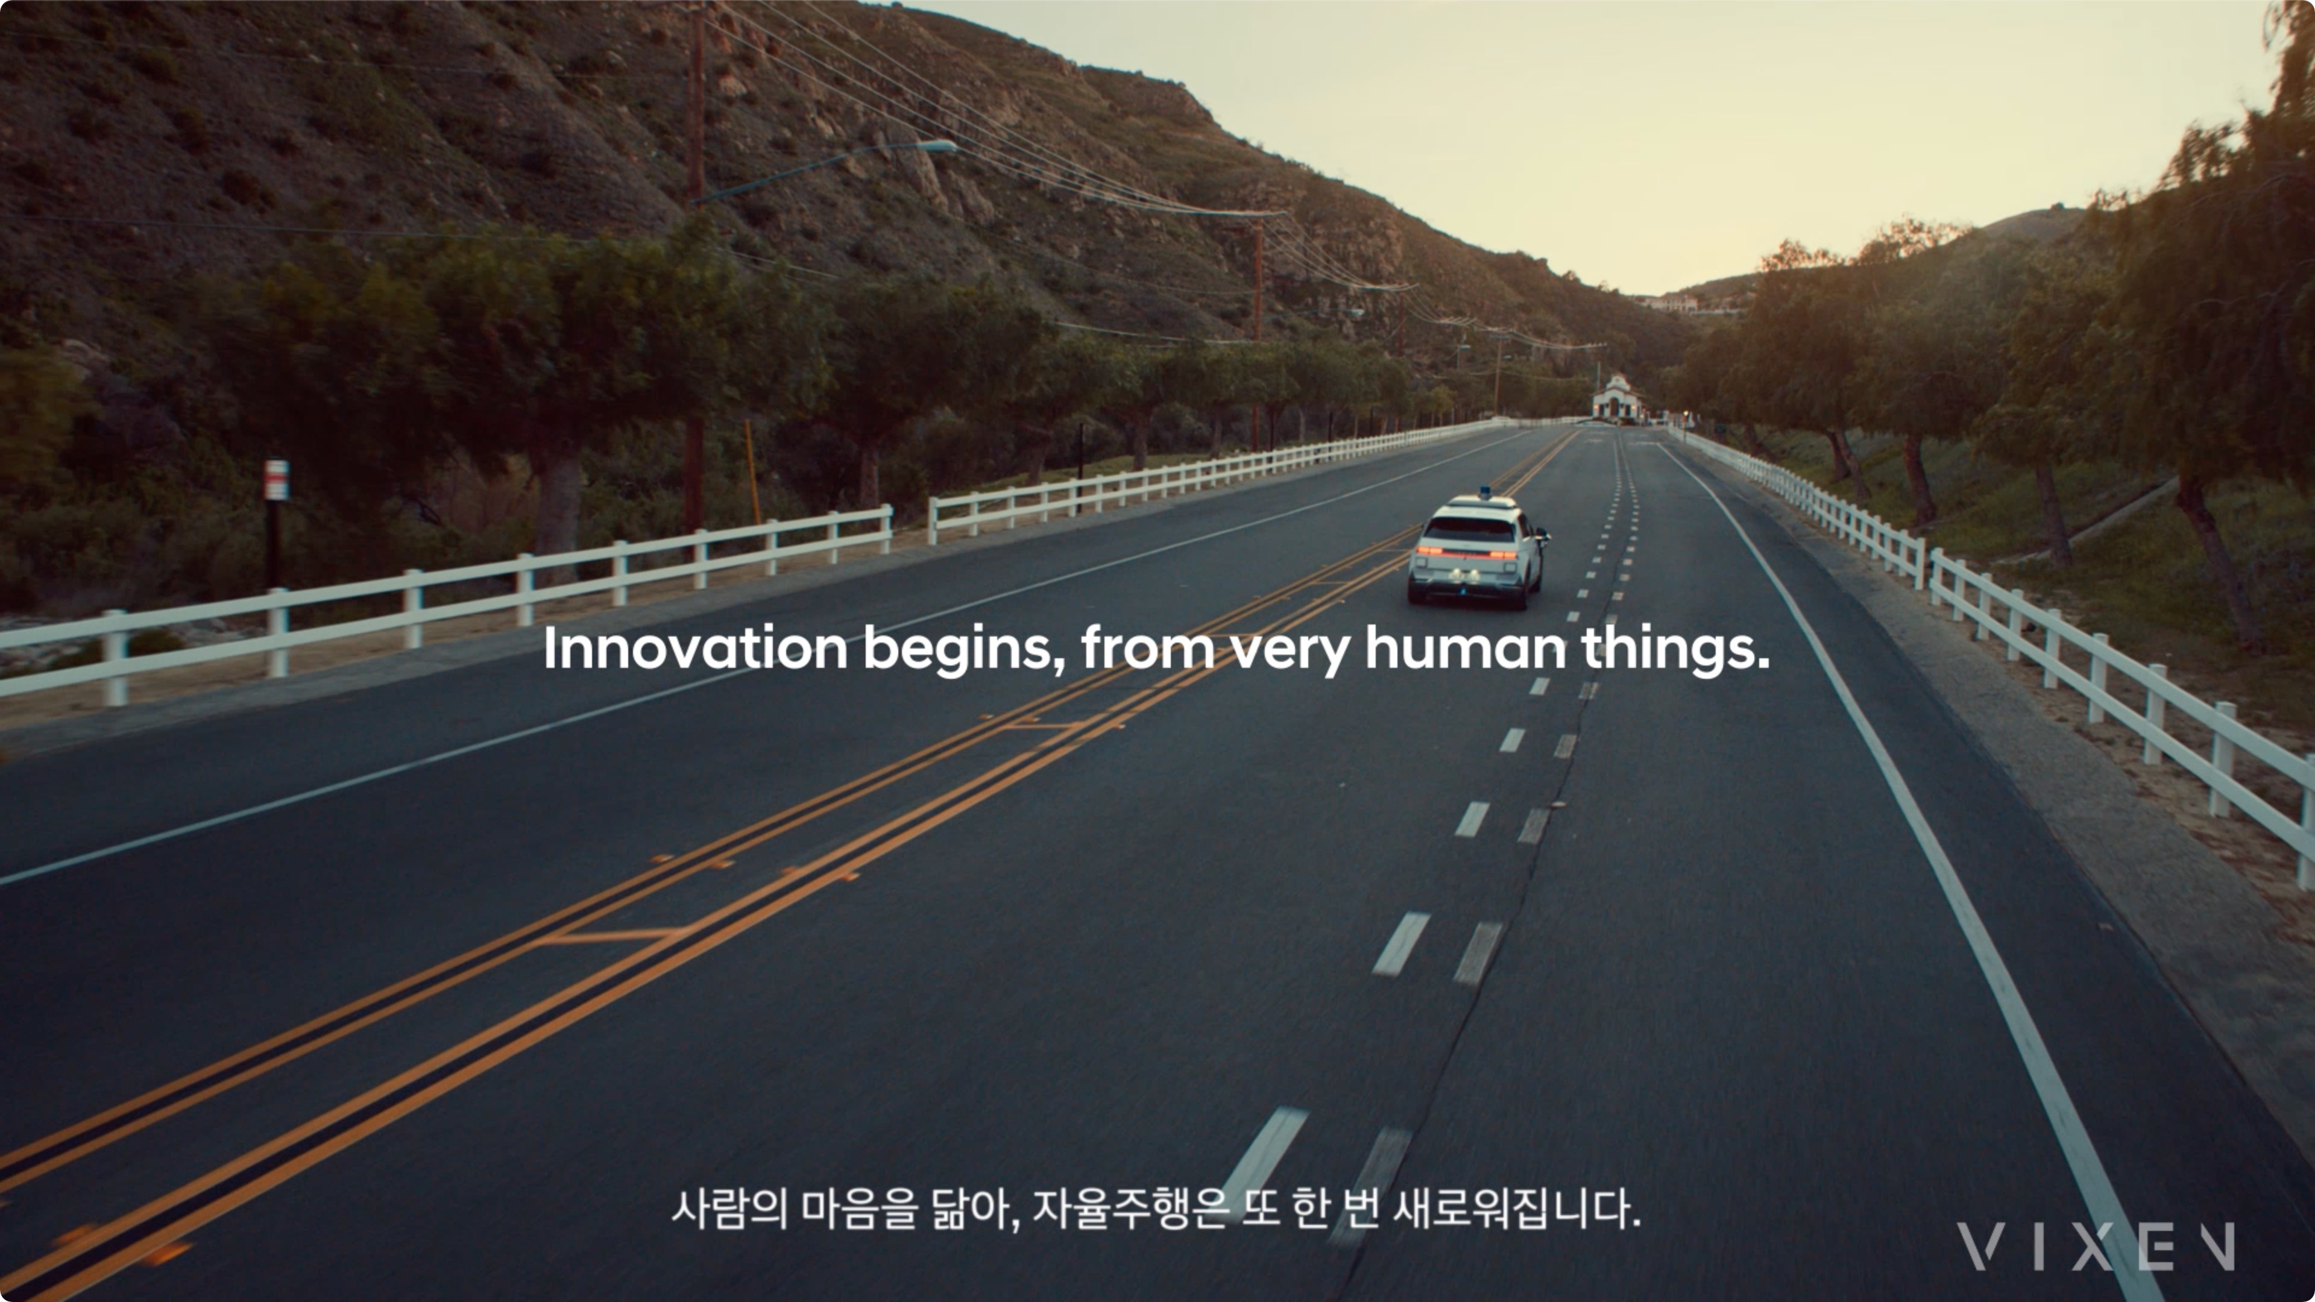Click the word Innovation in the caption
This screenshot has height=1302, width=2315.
(694, 648)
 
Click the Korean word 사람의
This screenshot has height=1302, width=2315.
(729, 1209)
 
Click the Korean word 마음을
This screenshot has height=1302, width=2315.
(860, 1209)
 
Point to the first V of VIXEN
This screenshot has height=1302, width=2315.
(1980, 1247)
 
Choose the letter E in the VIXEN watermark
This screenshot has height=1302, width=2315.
(2158, 1247)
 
